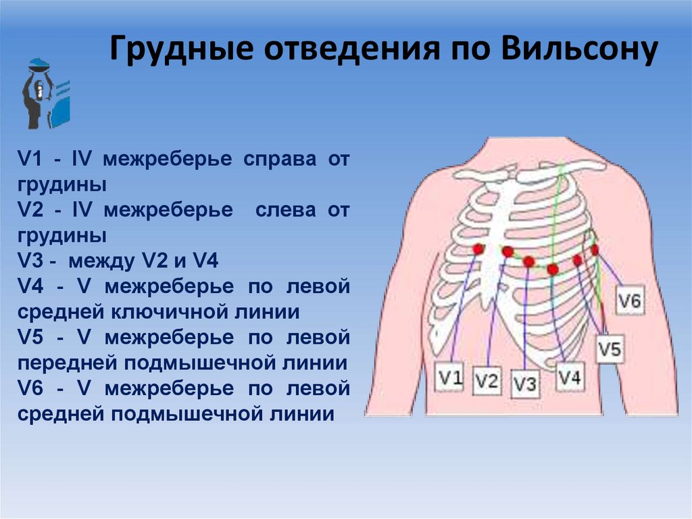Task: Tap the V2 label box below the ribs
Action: (486, 381)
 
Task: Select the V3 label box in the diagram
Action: (524, 384)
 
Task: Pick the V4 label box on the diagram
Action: (570, 378)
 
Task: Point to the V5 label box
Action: (610, 349)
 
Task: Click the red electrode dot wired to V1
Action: (478, 249)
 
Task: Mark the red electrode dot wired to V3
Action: (529, 261)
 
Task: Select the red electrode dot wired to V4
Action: (553, 269)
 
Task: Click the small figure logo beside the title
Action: (45, 93)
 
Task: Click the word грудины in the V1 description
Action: (62, 185)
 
